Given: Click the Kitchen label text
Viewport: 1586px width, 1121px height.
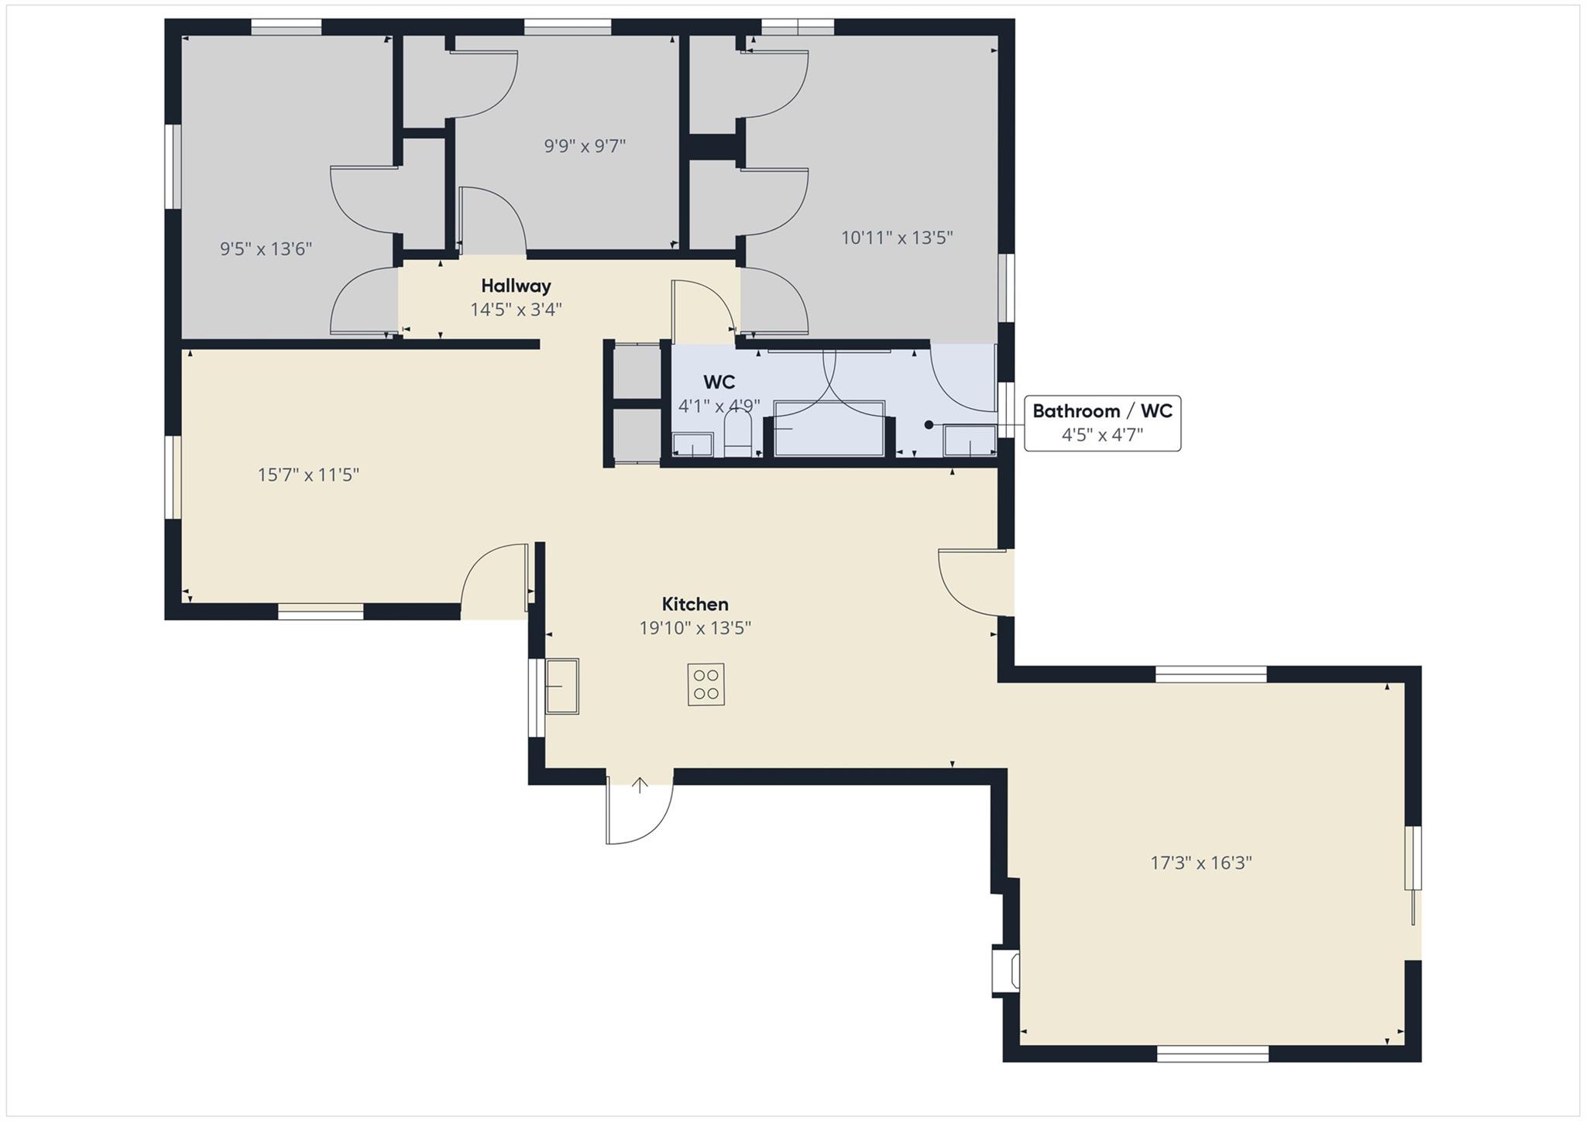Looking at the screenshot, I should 695,604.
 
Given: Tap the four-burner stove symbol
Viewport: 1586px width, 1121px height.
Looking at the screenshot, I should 705,684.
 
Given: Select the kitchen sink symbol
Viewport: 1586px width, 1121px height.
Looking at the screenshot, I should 562,686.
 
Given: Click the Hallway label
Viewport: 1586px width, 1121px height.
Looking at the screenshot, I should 516,286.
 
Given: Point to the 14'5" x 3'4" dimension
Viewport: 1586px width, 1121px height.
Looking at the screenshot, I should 516,310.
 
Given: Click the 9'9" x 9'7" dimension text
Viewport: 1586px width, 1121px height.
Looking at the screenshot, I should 585,146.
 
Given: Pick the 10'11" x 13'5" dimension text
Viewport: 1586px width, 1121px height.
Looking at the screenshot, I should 897,238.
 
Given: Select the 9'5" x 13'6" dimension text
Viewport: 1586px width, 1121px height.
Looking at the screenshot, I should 266,249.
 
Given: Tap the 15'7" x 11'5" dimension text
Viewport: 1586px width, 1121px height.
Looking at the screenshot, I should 308,475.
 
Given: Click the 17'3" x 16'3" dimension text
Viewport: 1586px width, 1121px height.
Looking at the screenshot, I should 1201,862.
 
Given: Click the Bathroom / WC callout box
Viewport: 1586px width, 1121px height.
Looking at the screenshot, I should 1102,423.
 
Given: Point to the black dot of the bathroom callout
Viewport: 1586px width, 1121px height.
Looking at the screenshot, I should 929,424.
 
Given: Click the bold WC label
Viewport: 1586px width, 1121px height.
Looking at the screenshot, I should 719,382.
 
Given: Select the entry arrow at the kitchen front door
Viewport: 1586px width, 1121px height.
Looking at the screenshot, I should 640,786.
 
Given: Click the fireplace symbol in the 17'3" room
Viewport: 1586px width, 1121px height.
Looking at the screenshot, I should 1006,971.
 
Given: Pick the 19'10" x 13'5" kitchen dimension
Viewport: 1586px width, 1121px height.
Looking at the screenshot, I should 695,628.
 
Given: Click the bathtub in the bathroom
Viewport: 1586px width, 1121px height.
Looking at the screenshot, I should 829,428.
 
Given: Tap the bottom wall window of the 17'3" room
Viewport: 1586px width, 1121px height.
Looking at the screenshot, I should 1213,1054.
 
